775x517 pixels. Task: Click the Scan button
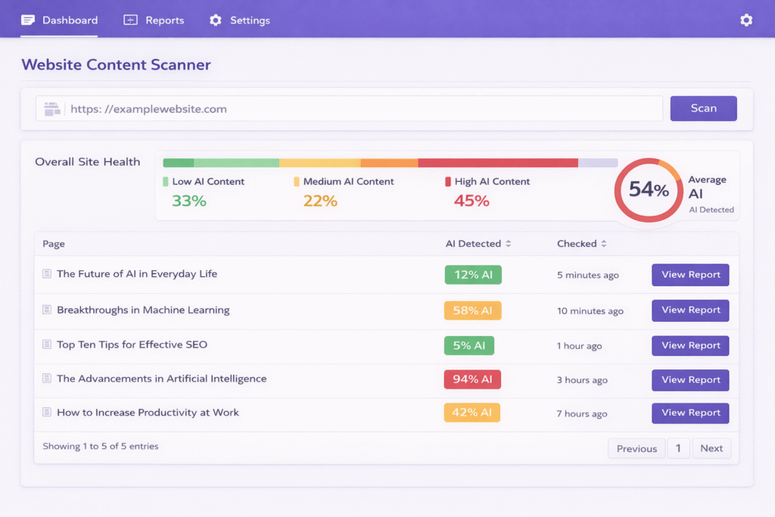point(703,108)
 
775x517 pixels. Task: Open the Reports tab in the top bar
point(154,20)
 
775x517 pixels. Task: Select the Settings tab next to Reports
point(240,20)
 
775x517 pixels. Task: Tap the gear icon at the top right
point(746,20)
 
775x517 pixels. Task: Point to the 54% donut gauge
point(649,190)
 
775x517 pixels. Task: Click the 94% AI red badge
point(472,380)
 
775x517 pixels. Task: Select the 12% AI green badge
point(473,275)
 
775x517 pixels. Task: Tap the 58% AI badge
point(472,310)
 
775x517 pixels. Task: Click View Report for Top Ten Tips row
point(690,345)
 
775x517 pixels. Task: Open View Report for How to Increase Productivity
point(690,413)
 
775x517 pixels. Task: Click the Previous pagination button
point(636,449)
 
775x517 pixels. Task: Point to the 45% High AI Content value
point(472,201)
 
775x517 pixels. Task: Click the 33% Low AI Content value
point(189,201)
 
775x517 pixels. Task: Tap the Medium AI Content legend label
point(348,182)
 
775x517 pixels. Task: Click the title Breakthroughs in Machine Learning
point(143,310)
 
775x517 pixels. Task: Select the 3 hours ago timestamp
point(582,380)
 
